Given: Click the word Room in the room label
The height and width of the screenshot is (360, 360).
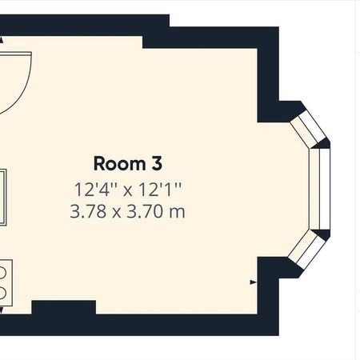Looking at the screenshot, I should pos(118,164).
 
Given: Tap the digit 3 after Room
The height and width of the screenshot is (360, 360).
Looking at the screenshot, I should pos(156,164).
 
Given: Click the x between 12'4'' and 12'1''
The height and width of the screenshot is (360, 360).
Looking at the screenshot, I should pos(128,191).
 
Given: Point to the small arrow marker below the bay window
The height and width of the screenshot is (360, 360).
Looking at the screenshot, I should pos(254,282).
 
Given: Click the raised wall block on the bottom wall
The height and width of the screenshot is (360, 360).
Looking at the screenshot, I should pos(63,306).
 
